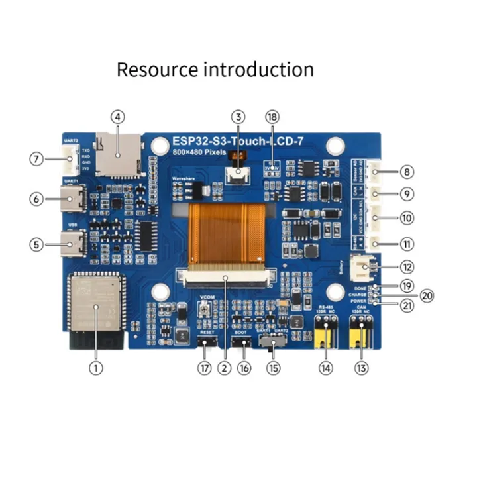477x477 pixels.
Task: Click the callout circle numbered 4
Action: [117, 117]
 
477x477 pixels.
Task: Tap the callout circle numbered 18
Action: [272, 117]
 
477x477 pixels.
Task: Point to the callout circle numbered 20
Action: [427, 295]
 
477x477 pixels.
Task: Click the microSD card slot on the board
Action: [118, 154]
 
